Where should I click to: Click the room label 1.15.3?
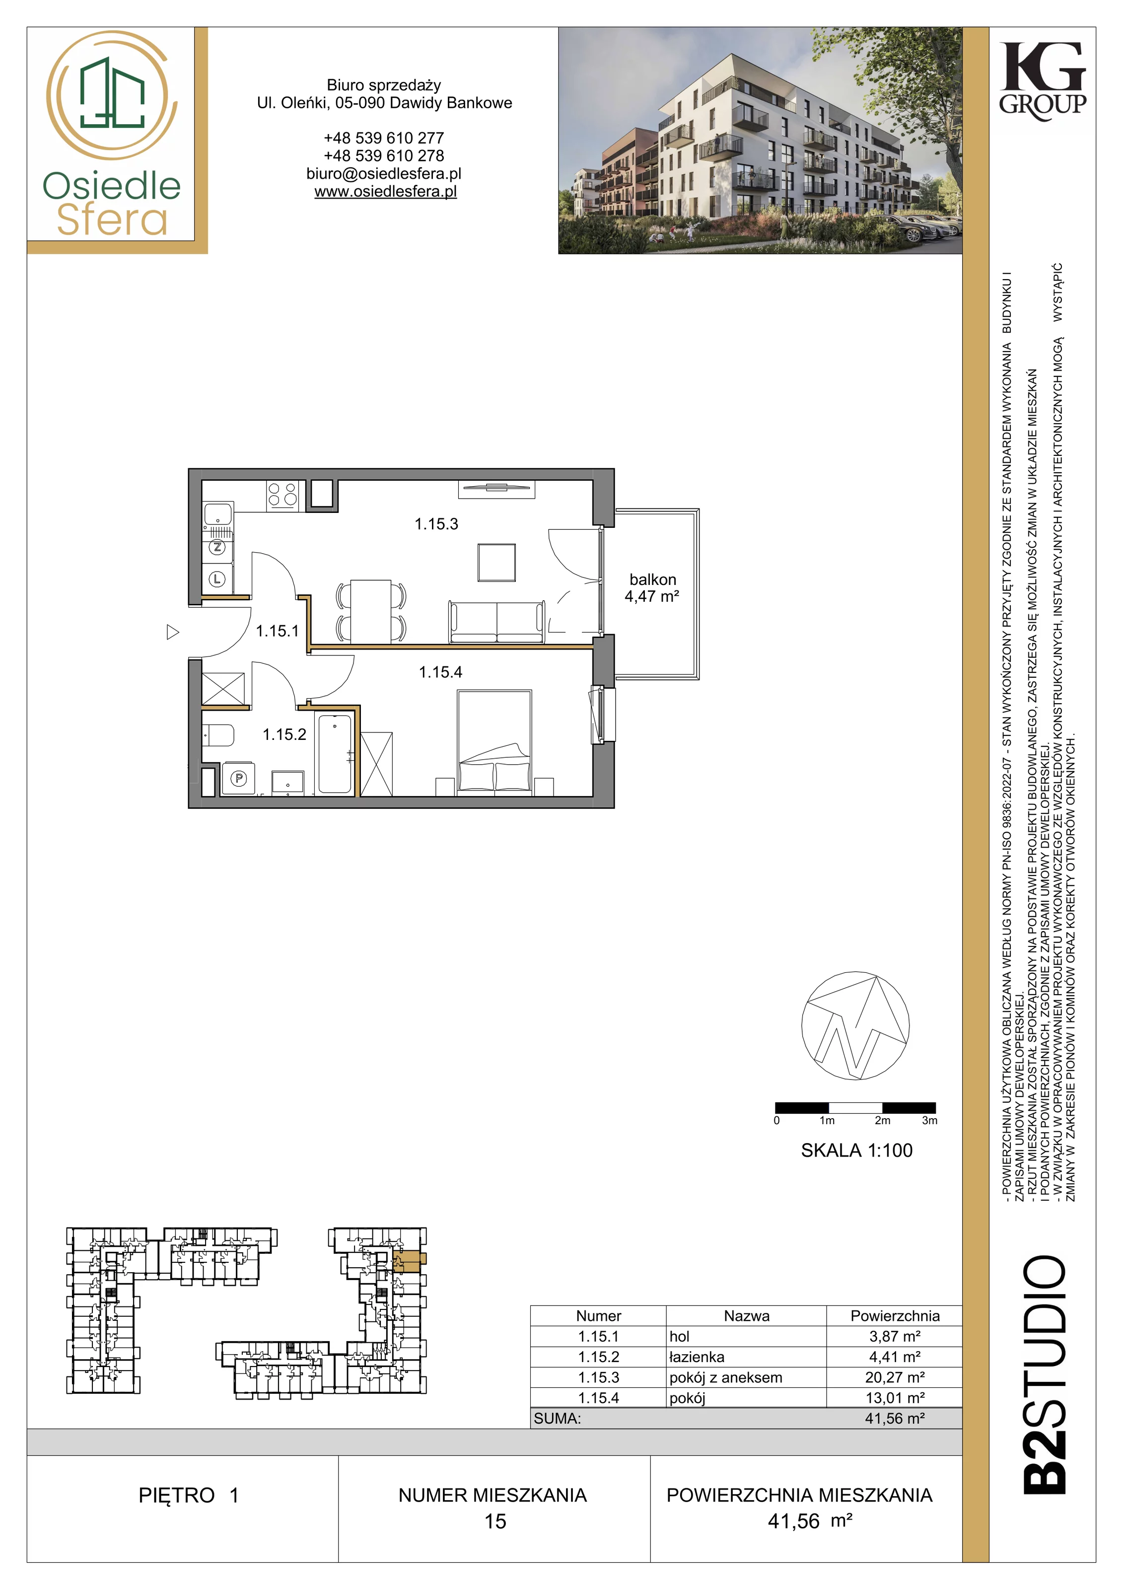[x=436, y=524]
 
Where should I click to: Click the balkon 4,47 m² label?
[x=652, y=587]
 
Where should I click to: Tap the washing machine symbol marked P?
[x=239, y=779]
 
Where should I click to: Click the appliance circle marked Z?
[x=217, y=547]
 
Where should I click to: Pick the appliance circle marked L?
[x=217, y=578]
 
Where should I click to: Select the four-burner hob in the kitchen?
[x=283, y=495]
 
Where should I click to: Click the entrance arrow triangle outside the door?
[x=173, y=632]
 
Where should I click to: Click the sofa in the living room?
[x=496, y=623]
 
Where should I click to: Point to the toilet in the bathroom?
[x=218, y=735]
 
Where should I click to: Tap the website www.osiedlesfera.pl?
[x=385, y=192]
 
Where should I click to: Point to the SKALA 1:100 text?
[x=856, y=1150]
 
